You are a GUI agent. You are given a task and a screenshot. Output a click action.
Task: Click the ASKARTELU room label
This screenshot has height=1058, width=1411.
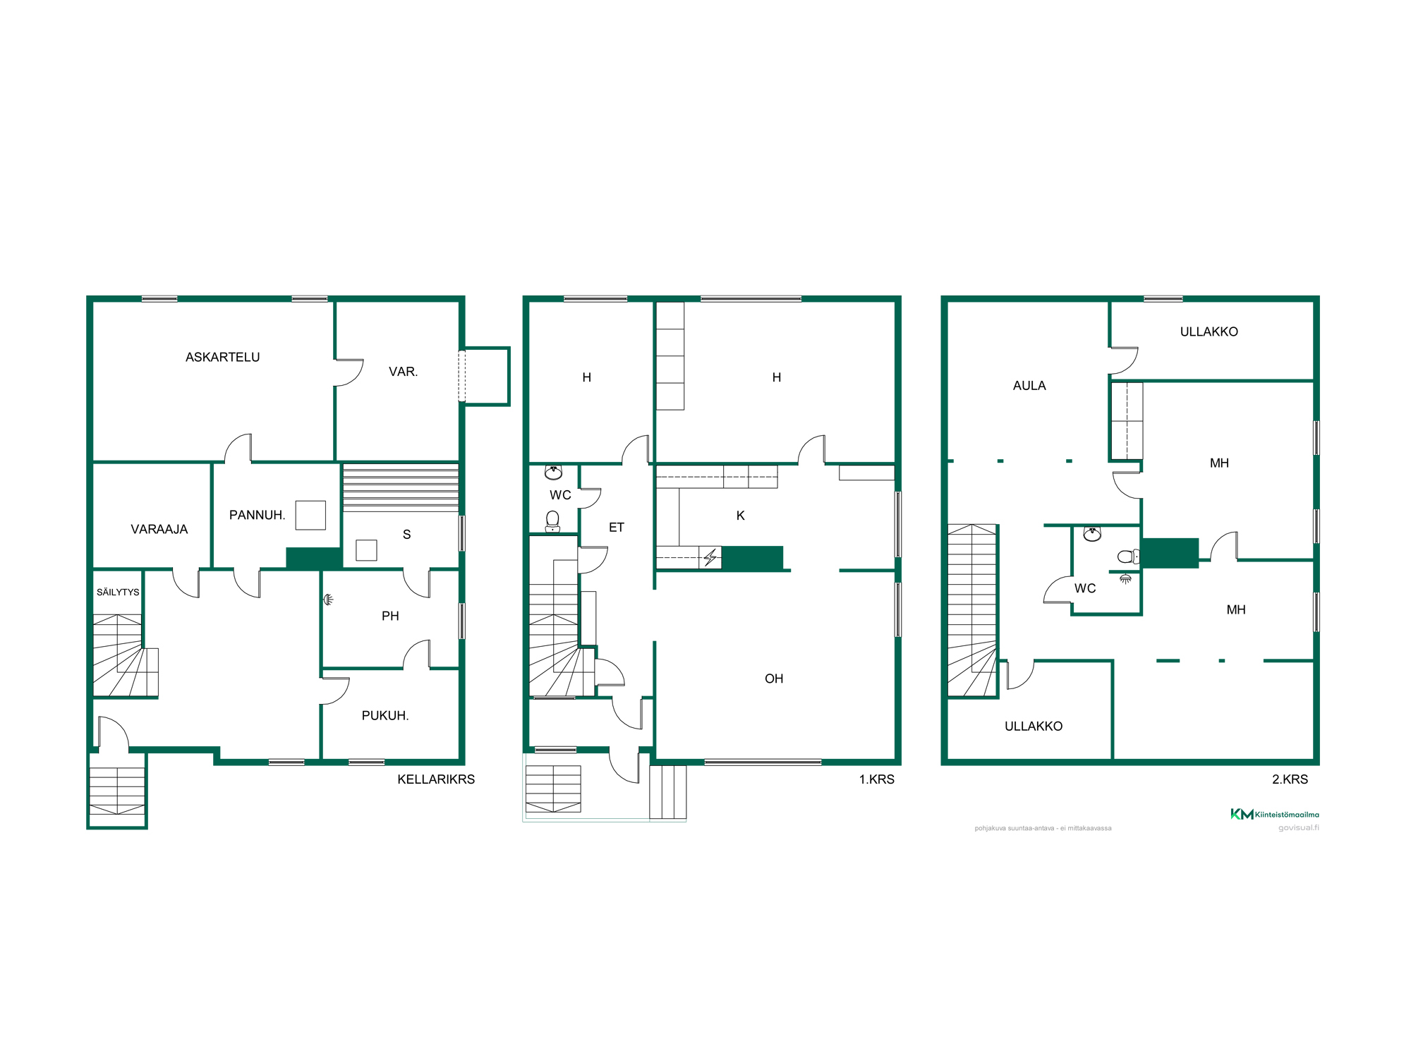[x=222, y=358]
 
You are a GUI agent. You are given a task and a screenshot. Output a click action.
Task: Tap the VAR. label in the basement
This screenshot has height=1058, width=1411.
[x=404, y=372]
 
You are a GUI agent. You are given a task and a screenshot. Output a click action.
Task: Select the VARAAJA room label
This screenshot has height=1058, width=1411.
[x=159, y=530]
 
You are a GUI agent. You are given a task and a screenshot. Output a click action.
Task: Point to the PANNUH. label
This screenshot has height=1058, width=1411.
[x=258, y=516]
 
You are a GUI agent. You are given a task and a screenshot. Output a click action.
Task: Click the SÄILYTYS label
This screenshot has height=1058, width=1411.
[x=118, y=592]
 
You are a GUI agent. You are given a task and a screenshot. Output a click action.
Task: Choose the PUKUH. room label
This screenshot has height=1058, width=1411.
[x=385, y=716]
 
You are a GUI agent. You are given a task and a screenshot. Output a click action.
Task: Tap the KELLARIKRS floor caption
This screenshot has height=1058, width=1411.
[x=436, y=779]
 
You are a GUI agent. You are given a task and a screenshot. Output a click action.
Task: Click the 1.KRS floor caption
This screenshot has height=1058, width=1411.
[x=876, y=779]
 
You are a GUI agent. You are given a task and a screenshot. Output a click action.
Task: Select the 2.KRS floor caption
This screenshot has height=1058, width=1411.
[x=1290, y=779]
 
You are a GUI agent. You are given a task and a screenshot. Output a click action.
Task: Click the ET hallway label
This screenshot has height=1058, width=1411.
[x=617, y=528]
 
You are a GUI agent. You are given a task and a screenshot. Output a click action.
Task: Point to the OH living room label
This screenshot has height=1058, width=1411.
[x=774, y=679]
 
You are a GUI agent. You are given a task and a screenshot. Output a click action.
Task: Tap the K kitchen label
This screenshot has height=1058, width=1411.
[x=741, y=516]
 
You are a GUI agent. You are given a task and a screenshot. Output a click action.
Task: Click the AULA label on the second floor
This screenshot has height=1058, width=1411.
[x=1029, y=386]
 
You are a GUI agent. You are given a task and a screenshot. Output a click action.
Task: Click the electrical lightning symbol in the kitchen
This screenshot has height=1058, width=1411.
[x=710, y=558]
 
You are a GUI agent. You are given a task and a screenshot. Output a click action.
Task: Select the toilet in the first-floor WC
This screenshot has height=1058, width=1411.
[x=553, y=521]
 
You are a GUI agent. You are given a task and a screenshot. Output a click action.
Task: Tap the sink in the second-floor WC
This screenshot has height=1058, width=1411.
[x=1092, y=534]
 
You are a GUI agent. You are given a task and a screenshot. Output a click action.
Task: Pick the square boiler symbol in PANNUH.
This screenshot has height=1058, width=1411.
[x=310, y=515]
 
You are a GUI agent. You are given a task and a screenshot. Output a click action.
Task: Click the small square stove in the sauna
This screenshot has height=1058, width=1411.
[x=366, y=550]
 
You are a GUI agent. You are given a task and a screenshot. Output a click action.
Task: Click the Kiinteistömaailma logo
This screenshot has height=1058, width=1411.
[x=1274, y=814]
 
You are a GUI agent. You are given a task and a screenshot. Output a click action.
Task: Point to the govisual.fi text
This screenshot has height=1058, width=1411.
[x=1299, y=828]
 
